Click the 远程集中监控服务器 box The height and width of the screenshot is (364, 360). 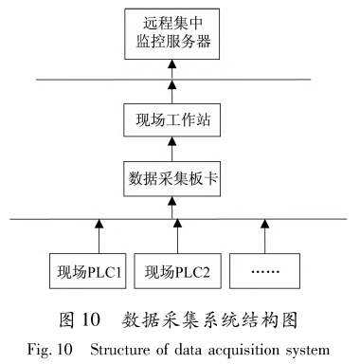coord(172,33)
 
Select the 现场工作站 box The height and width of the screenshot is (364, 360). coord(172,120)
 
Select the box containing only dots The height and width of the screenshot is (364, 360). coord(264,274)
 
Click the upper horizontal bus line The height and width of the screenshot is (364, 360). coord(95,79)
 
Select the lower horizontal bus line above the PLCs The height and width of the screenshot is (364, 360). coord(57,219)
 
